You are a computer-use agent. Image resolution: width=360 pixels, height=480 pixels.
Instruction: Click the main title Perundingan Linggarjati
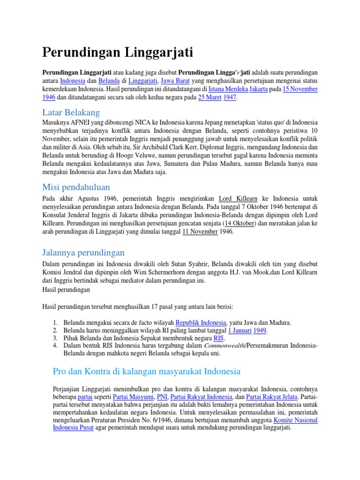point(118,52)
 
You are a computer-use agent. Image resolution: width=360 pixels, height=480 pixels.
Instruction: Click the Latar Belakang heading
point(71,112)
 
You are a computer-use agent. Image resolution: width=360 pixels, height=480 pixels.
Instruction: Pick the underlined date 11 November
point(200,231)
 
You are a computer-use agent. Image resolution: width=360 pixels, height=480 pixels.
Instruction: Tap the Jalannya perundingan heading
point(83,253)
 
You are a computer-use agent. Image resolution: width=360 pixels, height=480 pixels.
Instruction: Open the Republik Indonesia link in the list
point(201,322)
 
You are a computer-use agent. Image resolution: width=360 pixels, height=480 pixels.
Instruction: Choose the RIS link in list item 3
point(218,338)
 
